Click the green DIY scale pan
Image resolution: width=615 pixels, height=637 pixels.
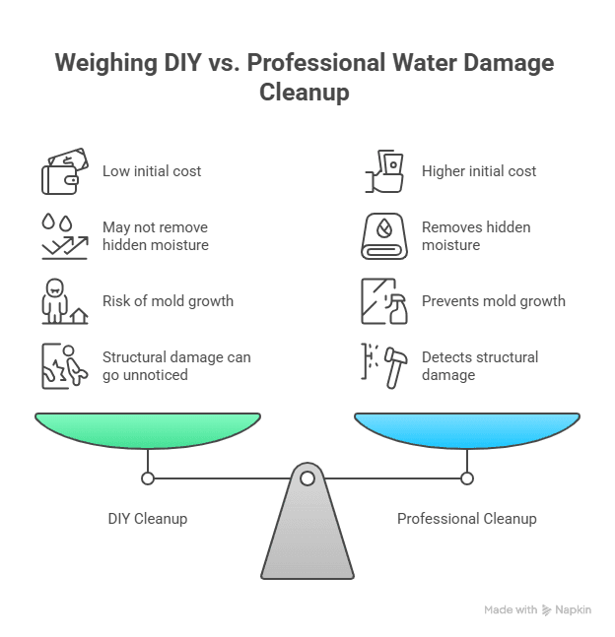(148, 428)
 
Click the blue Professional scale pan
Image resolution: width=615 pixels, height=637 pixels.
(466, 428)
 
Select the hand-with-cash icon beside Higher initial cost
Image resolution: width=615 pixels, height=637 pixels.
(383, 171)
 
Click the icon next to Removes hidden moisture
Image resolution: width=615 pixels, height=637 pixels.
(383, 236)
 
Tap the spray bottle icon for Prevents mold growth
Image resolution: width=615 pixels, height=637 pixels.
(383, 301)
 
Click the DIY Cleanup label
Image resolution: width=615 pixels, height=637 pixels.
(148, 518)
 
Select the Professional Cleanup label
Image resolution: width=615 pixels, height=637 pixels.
(467, 518)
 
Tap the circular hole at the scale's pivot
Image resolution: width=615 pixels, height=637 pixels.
(307, 478)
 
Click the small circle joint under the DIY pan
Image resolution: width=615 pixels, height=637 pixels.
(148, 478)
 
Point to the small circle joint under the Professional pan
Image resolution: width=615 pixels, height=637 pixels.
(467, 478)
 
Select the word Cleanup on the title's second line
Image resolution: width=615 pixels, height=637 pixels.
(307, 93)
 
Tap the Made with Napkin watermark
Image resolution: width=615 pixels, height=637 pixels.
(537, 610)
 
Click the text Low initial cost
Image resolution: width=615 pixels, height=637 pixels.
(152, 171)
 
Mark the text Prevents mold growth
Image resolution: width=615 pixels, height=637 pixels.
(494, 301)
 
